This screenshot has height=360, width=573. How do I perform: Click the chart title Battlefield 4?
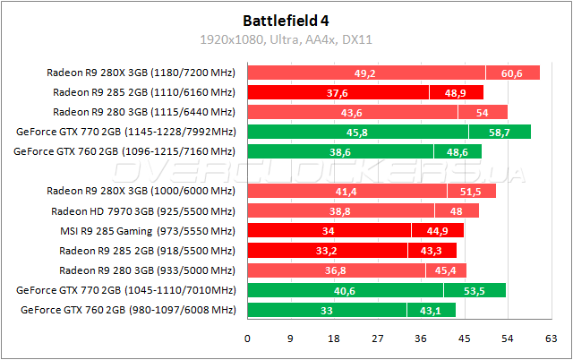click(x=286, y=19)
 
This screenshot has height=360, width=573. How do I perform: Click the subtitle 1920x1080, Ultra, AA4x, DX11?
click(x=286, y=39)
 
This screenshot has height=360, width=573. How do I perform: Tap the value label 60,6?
click(x=513, y=73)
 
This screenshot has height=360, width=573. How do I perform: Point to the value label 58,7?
click(x=500, y=133)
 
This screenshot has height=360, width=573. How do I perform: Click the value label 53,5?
click(x=475, y=290)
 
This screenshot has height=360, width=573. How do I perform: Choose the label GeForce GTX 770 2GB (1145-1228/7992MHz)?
click(x=125, y=133)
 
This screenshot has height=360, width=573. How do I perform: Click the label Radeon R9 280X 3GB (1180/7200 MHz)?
click(x=141, y=73)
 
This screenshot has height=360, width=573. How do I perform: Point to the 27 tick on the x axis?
click(x=377, y=339)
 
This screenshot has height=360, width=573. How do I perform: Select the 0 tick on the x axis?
click(x=247, y=339)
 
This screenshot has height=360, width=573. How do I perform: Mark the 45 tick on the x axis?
click(x=464, y=339)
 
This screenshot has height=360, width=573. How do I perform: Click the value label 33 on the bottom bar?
click(x=328, y=310)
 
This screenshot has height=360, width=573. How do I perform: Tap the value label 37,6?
click(x=338, y=93)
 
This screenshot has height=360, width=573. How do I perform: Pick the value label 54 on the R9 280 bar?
click(x=483, y=113)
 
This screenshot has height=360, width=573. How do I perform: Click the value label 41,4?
click(x=346, y=192)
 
